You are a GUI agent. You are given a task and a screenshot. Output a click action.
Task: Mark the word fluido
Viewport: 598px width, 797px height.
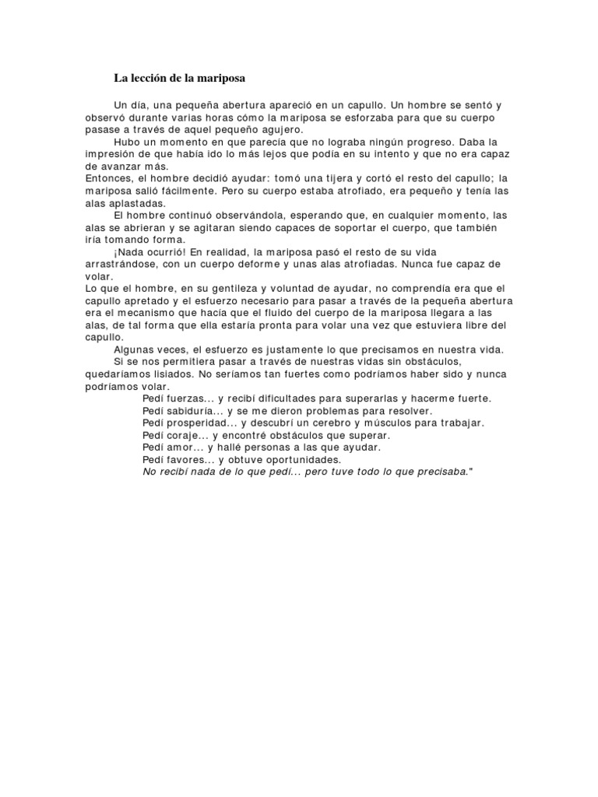[297, 312]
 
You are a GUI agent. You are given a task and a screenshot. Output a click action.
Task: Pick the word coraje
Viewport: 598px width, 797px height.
[185, 435]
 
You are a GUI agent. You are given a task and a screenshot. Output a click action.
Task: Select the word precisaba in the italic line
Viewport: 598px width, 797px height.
[438, 472]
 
